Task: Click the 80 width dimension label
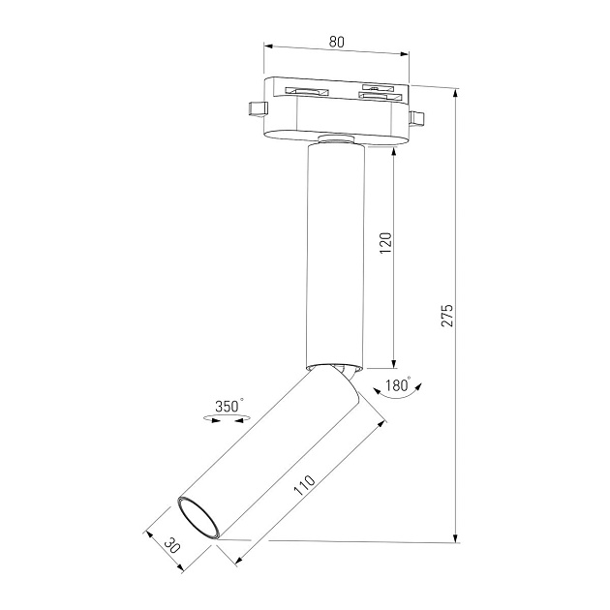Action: [x=336, y=42]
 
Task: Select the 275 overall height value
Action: [x=446, y=316]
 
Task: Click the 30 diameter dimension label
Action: [x=172, y=545]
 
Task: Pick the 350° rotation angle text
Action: [x=229, y=407]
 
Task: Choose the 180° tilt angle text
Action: [x=397, y=385]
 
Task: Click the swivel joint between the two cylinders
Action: [x=341, y=373]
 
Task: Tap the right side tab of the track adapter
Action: [x=417, y=119]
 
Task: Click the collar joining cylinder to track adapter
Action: [x=336, y=141]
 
